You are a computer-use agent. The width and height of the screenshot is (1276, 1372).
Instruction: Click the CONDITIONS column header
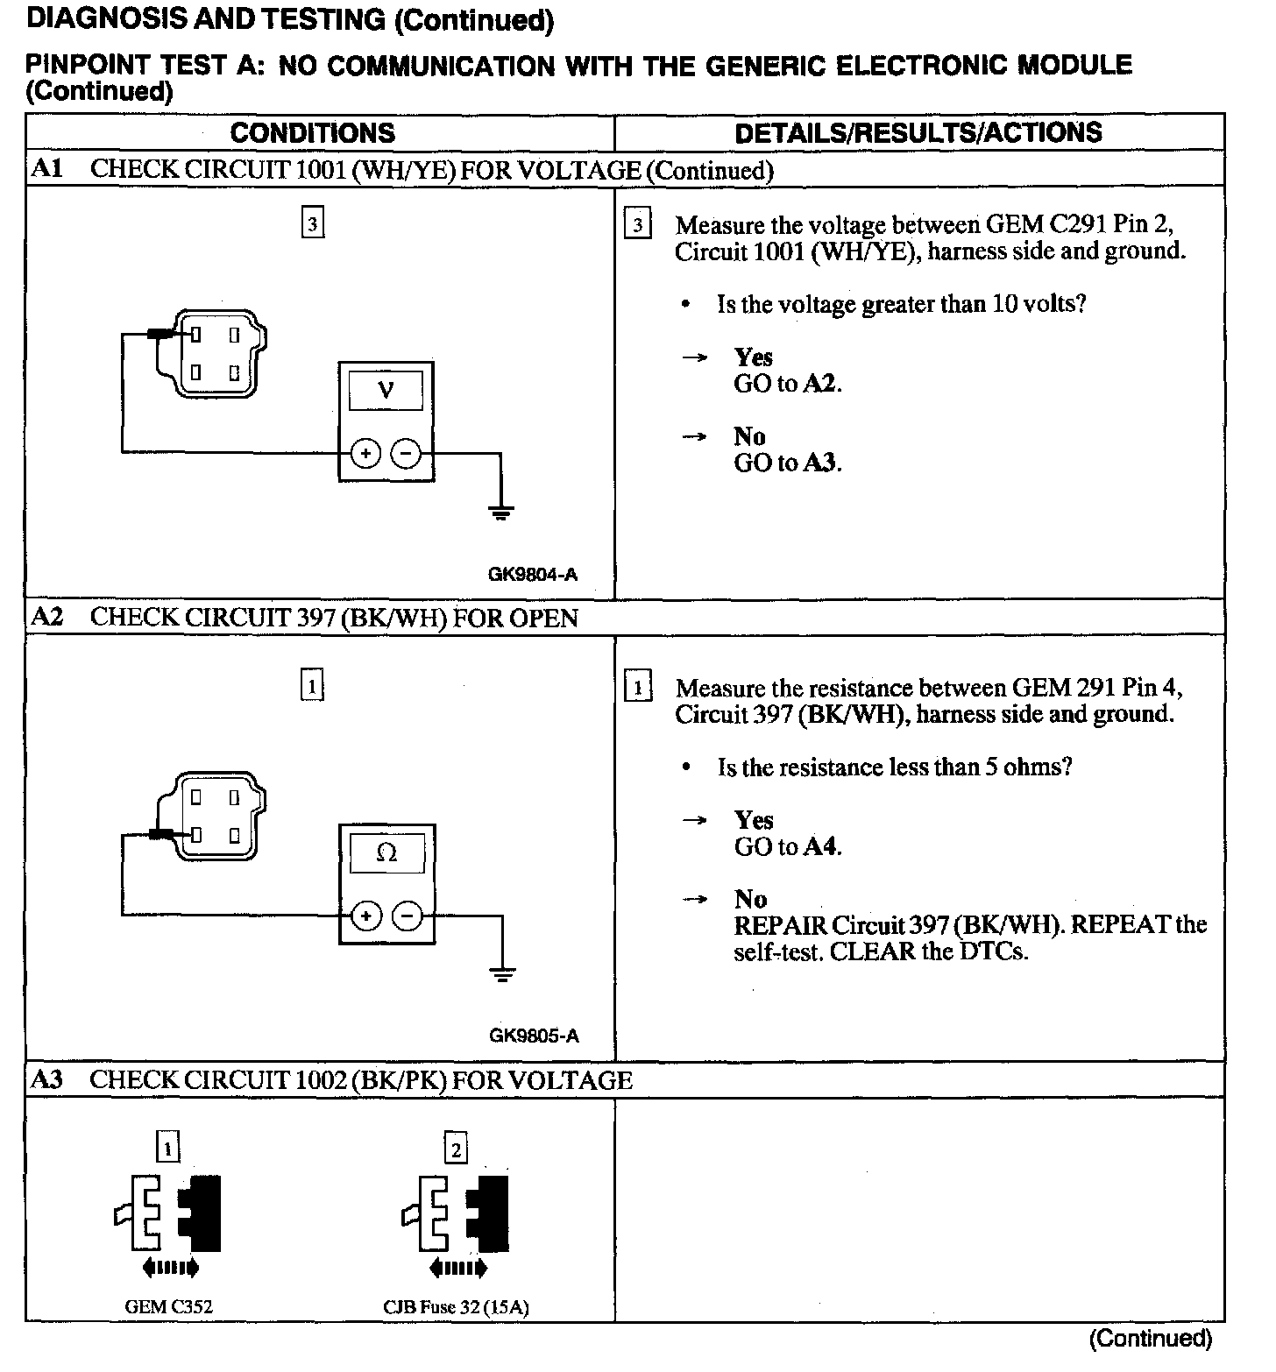point(312,133)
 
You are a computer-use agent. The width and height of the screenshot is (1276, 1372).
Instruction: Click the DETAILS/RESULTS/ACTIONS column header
point(918,132)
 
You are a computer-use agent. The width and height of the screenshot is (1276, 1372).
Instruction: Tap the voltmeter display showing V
point(386,390)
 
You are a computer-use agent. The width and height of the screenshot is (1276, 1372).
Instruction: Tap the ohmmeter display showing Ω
point(386,852)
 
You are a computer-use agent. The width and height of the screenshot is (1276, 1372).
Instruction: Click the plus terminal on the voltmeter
point(365,454)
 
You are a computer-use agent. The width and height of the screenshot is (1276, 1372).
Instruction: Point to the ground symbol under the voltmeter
point(500,513)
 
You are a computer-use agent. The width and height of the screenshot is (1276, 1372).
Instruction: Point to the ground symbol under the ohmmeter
point(501,975)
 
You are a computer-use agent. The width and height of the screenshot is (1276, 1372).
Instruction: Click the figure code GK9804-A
point(532,575)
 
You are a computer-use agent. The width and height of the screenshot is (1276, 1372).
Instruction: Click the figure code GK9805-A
point(534,1036)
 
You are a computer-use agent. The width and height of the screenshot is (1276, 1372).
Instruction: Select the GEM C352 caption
point(169,1307)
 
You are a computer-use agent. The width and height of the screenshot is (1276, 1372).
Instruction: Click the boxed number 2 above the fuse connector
point(456,1149)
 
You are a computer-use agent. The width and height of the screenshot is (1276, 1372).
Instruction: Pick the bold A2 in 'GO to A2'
point(821,384)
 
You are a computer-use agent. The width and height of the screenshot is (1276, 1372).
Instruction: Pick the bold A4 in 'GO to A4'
point(821,846)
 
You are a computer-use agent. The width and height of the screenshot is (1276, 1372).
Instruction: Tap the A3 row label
point(46,1080)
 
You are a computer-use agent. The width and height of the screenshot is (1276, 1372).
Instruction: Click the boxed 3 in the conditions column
point(312,224)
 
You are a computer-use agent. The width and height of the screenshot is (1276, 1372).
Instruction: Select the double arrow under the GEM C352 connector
point(169,1267)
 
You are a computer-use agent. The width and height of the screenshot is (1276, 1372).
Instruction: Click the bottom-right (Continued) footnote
point(1150,1338)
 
